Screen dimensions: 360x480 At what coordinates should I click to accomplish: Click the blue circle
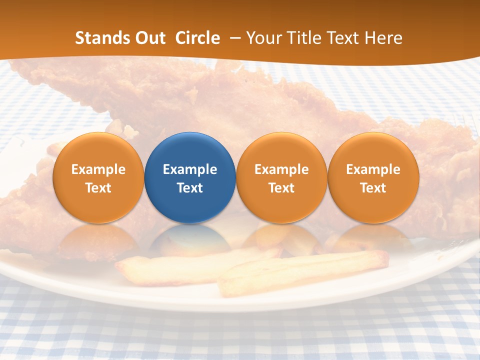(190, 177)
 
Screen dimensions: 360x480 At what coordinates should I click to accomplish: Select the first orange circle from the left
(98, 177)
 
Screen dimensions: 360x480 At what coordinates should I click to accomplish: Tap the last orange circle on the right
(373, 177)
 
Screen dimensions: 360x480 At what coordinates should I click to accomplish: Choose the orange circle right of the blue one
(281, 177)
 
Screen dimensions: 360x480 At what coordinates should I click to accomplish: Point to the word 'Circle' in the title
(197, 38)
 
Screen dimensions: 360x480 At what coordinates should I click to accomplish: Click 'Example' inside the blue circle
(190, 169)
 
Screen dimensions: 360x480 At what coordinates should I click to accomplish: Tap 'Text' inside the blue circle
(190, 188)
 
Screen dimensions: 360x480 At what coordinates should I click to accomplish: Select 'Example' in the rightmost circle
(373, 169)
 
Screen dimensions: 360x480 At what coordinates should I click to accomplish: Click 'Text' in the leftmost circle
(98, 188)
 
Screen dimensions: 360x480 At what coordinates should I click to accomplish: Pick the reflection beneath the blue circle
(190, 240)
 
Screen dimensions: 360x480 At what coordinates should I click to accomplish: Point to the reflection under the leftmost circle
(98, 240)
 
